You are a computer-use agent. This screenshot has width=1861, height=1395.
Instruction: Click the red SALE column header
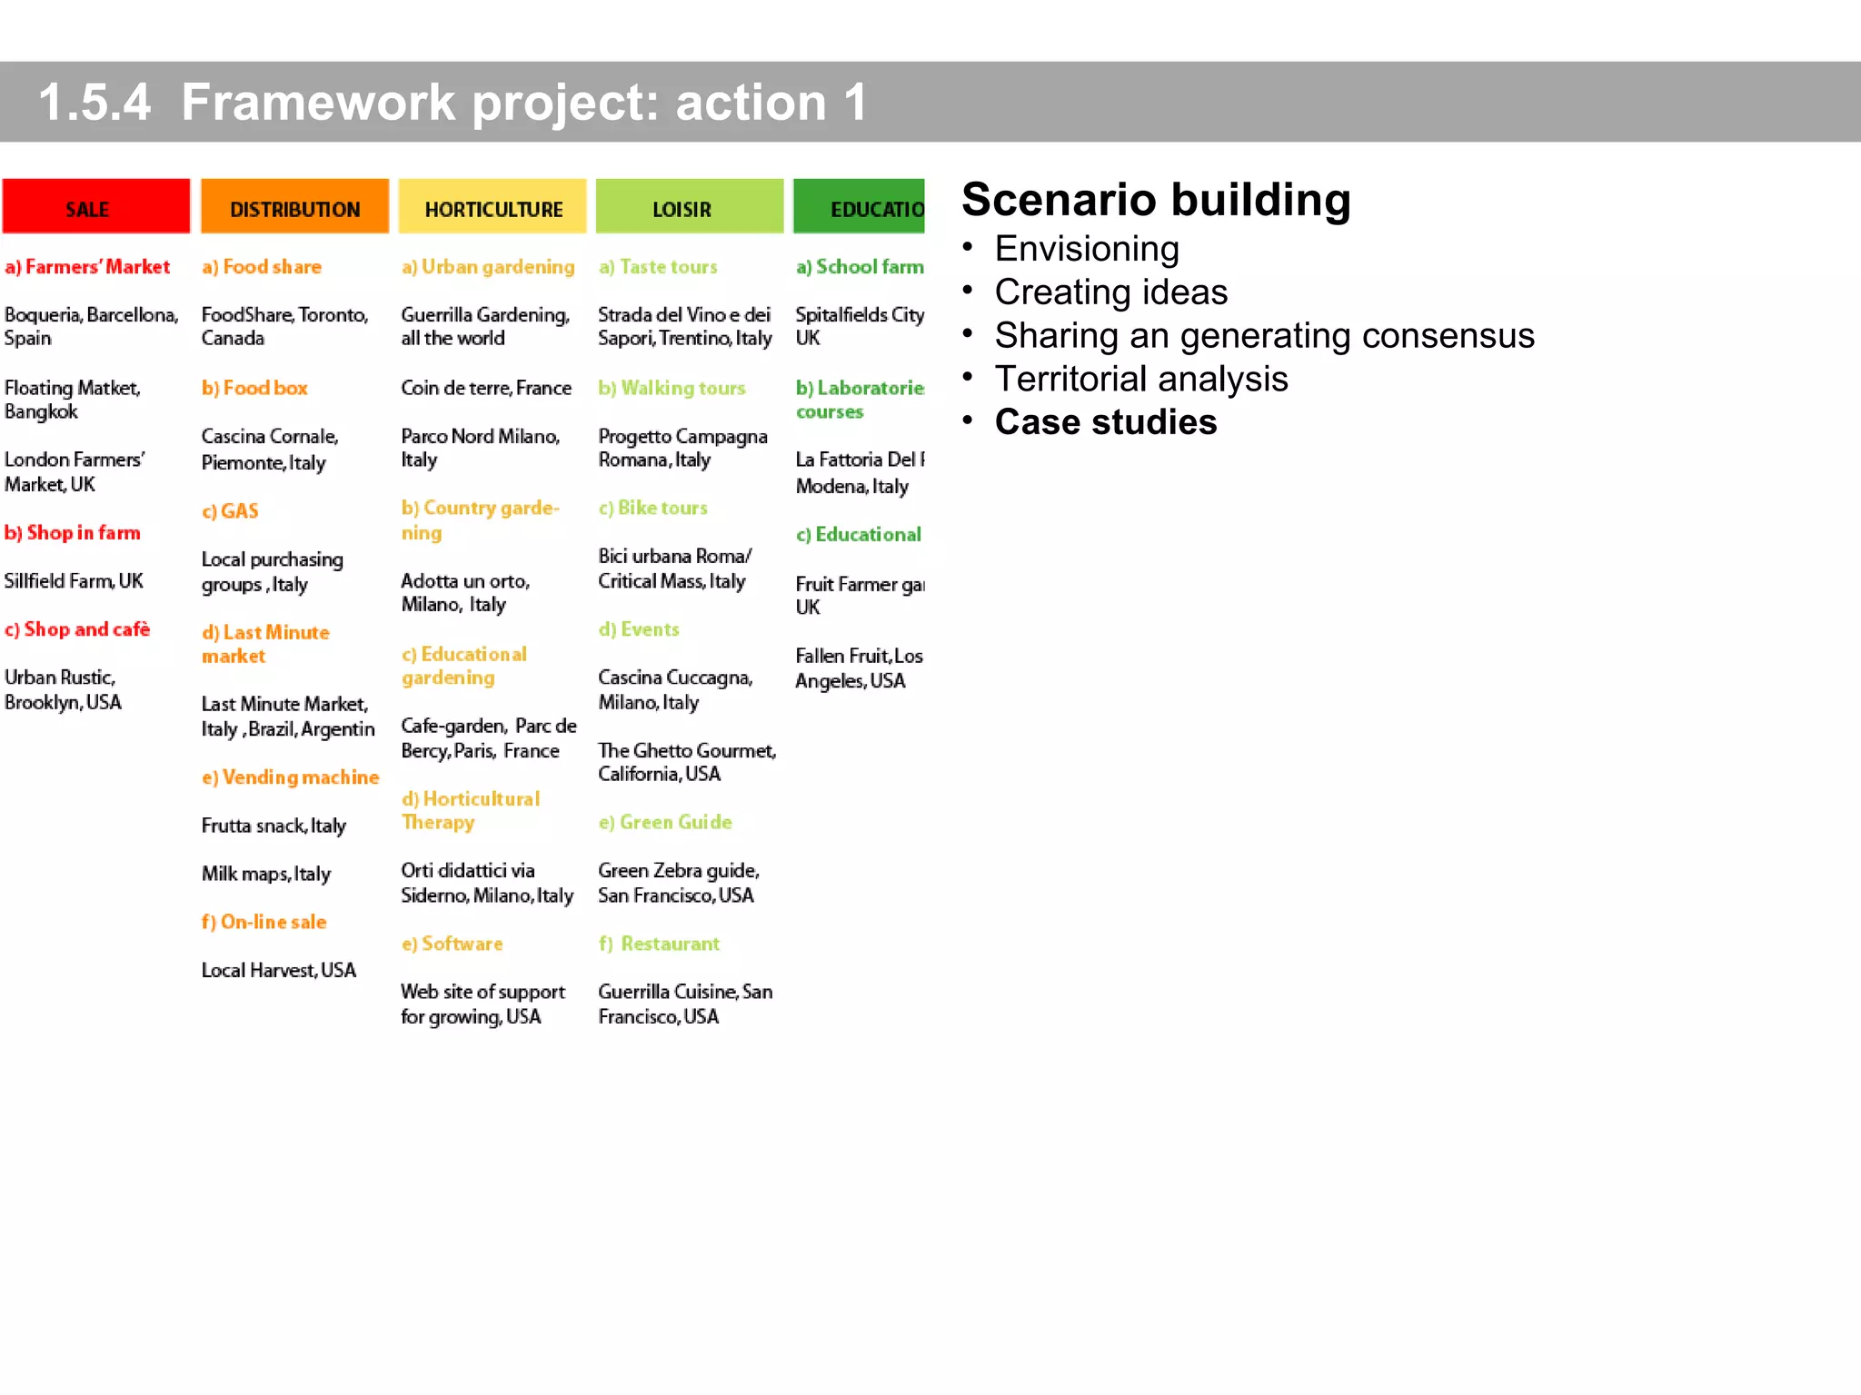(x=95, y=207)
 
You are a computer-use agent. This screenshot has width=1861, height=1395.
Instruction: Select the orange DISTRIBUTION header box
(x=294, y=207)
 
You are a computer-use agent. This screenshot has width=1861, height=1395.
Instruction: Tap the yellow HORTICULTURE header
(x=493, y=207)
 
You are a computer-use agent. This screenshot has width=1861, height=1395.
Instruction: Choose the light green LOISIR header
(x=689, y=207)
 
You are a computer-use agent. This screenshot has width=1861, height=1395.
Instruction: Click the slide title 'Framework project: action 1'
(x=523, y=102)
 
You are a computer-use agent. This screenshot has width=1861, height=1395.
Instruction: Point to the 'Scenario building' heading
(x=1156, y=200)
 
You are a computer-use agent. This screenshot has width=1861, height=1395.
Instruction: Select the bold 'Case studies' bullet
(x=1105, y=422)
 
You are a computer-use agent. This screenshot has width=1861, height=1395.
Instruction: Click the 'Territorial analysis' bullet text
(x=1140, y=379)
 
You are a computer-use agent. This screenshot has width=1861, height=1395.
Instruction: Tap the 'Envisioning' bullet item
(x=1086, y=249)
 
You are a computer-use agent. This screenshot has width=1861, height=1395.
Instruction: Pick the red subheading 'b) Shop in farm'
(x=73, y=533)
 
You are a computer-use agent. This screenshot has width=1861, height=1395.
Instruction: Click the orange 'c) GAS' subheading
(x=230, y=511)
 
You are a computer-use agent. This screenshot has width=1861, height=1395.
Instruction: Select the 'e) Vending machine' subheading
(x=290, y=777)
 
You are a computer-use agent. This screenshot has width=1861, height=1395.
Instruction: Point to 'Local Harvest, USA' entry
(x=278, y=970)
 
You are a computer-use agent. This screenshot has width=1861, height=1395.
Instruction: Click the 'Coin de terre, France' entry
(x=486, y=388)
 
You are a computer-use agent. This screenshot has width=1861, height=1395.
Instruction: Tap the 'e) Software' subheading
(x=452, y=944)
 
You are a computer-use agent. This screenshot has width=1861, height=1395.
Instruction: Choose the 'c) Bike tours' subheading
(x=652, y=508)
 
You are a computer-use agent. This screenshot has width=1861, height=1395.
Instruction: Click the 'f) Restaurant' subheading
(x=659, y=944)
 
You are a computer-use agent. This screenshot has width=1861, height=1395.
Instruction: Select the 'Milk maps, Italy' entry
(x=265, y=874)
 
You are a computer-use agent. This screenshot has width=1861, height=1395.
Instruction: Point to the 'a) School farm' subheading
(x=860, y=267)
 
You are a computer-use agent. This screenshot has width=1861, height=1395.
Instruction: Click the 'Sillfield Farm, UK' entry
(x=74, y=581)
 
